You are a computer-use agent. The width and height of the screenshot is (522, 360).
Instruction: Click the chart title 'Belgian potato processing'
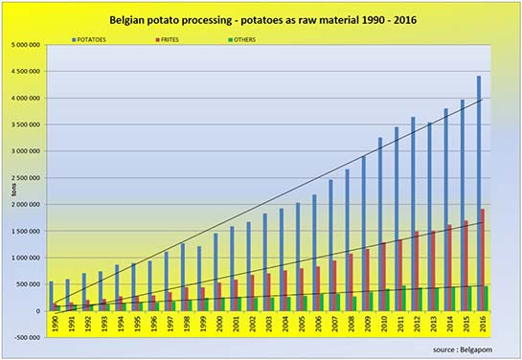click(x=261, y=18)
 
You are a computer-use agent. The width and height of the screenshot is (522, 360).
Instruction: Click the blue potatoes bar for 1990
click(x=51, y=296)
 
